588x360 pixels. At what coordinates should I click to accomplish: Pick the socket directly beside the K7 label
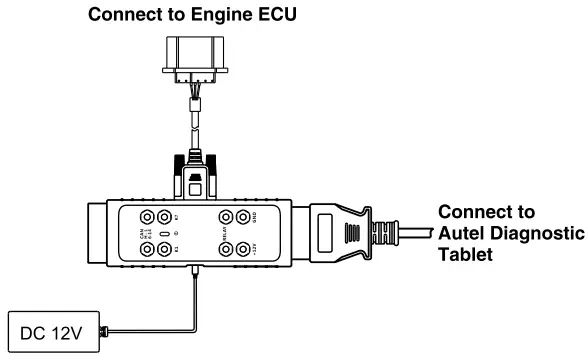pyautogui.click(x=163, y=215)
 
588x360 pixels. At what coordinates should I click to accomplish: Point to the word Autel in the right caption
pyautogui.click(x=465, y=232)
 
